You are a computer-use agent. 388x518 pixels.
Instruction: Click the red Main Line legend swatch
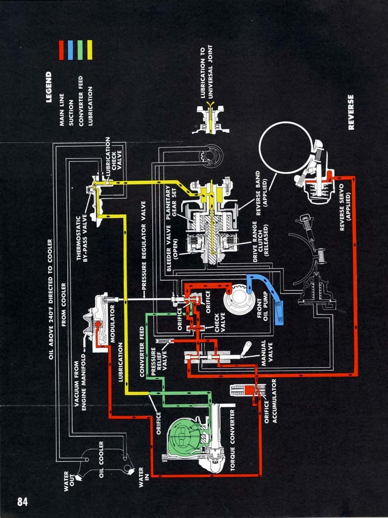pyautogui.click(x=61, y=50)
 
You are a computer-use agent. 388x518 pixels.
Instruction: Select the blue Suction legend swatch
pyautogui.click(x=70, y=50)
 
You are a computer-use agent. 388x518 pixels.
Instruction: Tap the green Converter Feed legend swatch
pyautogui.click(x=80, y=50)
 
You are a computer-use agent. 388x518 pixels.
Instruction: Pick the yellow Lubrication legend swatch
pyautogui.click(x=90, y=50)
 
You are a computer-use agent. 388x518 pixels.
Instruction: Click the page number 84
pyautogui.click(x=22, y=501)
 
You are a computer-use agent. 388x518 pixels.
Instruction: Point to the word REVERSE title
pyautogui.click(x=351, y=112)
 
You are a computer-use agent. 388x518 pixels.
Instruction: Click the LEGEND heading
pyautogui.click(x=49, y=87)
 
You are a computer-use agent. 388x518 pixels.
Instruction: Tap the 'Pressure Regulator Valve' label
pyautogui.click(x=143, y=245)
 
